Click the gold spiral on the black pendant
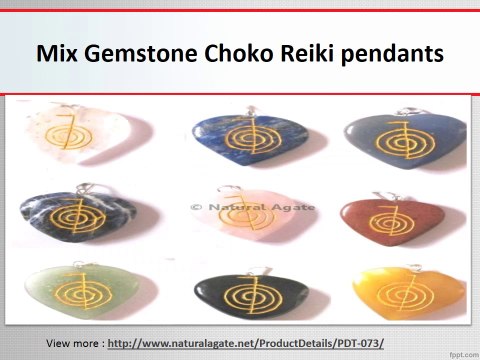[239, 291]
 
